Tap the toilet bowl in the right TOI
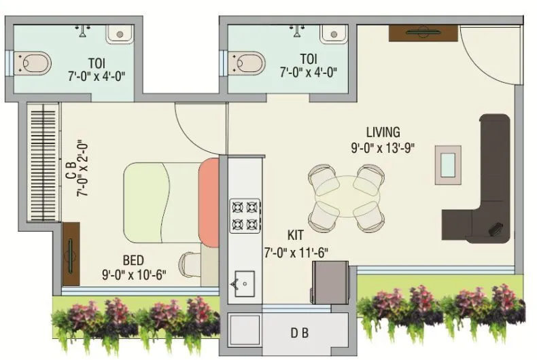(248, 62)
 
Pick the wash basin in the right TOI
(334, 33)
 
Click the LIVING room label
(383, 132)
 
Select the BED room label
(133, 260)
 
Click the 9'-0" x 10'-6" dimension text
(133, 274)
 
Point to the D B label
(300, 334)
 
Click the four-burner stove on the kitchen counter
(245, 215)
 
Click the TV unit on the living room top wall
(423, 32)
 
